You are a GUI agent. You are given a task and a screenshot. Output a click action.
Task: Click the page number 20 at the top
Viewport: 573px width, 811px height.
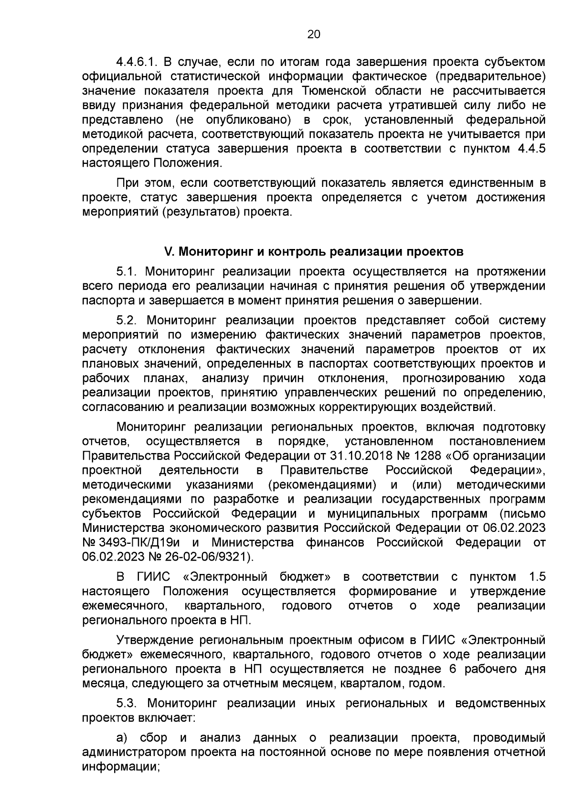click(314, 34)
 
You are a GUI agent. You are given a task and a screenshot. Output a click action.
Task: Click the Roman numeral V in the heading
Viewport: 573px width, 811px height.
click(168, 251)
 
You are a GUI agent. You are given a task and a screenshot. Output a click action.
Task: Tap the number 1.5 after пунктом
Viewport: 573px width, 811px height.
click(537, 577)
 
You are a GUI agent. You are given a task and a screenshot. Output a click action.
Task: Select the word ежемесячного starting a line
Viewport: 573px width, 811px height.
click(124, 606)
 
